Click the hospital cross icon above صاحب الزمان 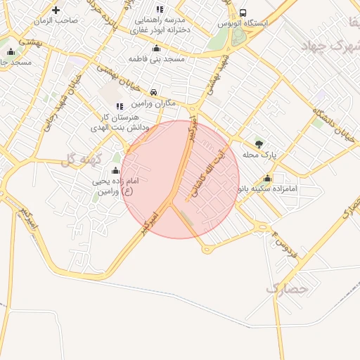tap(56, 10)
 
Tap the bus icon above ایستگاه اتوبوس tap(243, 13)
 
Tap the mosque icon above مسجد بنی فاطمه tap(156, 48)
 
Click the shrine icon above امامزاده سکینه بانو tap(267, 178)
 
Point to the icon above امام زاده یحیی tap(115, 170)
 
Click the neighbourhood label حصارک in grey tap(288, 288)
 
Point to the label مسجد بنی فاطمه tap(156, 58)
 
